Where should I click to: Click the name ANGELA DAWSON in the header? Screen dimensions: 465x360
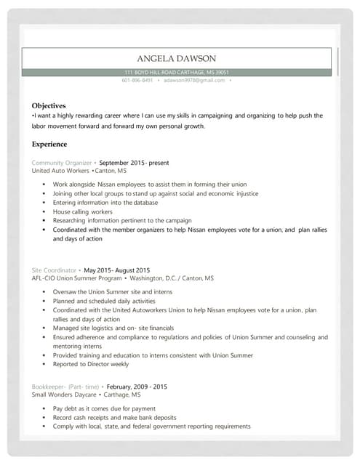tap(177, 58)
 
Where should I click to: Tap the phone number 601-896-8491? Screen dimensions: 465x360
tap(137, 80)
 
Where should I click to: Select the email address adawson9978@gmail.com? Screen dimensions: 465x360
tap(194, 80)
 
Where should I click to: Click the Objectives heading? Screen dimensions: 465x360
tap(49, 105)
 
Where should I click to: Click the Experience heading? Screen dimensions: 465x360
tap(49, 144)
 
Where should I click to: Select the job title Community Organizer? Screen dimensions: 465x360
tap(62, 163)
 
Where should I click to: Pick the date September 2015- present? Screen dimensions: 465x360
tap(134, 163)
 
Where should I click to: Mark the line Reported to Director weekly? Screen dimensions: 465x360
tap(90, 365)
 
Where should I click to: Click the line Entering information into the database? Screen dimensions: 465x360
tap(105, 203)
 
